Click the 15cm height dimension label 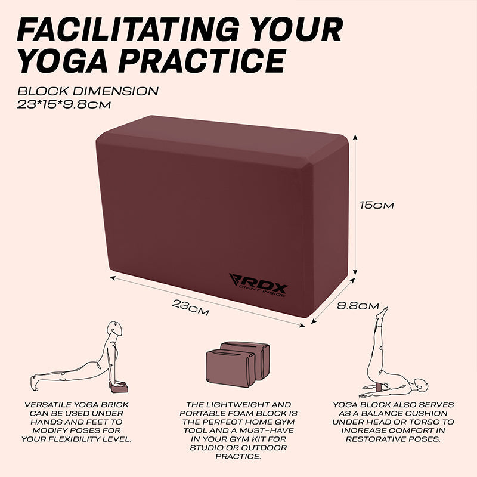[376, 205]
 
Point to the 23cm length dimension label [190, 308]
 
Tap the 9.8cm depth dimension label [358, 306]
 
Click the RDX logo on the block [259, 285]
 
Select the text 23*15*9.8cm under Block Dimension [64, 104]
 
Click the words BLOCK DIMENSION [88, 91]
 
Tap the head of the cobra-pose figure [115, 329]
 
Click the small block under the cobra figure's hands [120, 388]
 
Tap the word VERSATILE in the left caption [47, 405]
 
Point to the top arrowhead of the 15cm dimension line [355, 137]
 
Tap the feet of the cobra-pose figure [33, 383]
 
